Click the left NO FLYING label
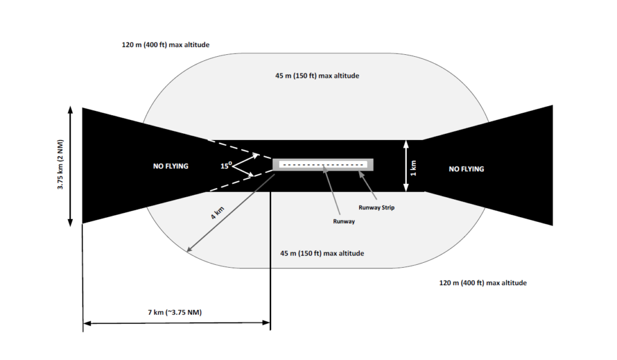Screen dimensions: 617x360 (171, 166)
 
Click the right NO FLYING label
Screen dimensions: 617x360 (466, 169)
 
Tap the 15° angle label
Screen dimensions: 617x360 (226, 165)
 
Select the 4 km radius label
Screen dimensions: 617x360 (217, 213)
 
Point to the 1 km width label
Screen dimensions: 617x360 (413, 168)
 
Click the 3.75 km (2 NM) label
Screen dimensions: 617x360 (60, 164)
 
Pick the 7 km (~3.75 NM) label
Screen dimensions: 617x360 (175, 312)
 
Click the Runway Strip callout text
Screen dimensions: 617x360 (376, 207)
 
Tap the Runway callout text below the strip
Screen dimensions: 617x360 (344, 221)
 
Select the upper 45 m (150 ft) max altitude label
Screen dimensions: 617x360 (317, 75)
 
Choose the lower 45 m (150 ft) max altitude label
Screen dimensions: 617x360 (322, 253)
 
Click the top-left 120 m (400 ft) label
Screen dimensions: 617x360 (166, 45)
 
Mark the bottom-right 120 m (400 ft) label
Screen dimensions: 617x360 (483, 283)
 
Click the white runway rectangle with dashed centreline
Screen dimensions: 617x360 (323, 165)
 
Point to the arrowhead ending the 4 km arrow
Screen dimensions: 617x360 (189, 249)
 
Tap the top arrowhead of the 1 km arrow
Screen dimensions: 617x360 (407, 144)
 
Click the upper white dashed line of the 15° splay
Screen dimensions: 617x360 (240, 149)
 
